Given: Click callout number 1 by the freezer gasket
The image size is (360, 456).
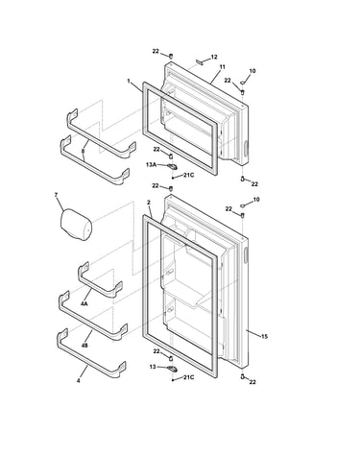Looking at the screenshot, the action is (129, 81).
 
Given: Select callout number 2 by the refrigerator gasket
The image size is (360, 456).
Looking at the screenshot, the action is (149, 203).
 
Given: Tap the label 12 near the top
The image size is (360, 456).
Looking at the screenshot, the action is (214, 57).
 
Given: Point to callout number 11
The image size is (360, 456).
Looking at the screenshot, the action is (222, 67).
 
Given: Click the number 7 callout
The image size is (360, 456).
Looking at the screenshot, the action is (56, 195).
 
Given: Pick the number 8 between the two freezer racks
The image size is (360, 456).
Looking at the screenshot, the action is (83, 150).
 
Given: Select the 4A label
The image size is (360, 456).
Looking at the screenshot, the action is (84, 303).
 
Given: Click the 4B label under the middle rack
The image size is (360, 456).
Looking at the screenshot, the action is (84, 346).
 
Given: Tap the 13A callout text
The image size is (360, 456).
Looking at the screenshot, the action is (151, 164).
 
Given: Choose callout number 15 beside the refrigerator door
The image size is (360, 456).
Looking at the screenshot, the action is (264, 336).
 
